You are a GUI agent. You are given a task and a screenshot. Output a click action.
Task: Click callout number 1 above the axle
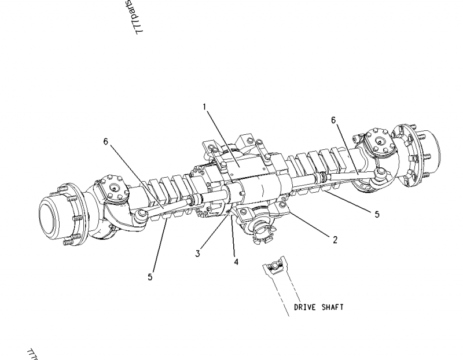coord(204,106)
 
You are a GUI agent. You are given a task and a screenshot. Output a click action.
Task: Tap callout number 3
coord(197,254)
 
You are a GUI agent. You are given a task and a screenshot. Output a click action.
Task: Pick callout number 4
coord(236,262)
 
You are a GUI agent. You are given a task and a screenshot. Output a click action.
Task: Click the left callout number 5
coord(150,277)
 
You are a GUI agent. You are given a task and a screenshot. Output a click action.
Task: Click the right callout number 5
coord(376,214)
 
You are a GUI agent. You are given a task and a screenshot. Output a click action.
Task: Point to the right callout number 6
coord(333,120)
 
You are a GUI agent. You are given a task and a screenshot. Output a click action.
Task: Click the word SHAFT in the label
coord(333,307)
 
